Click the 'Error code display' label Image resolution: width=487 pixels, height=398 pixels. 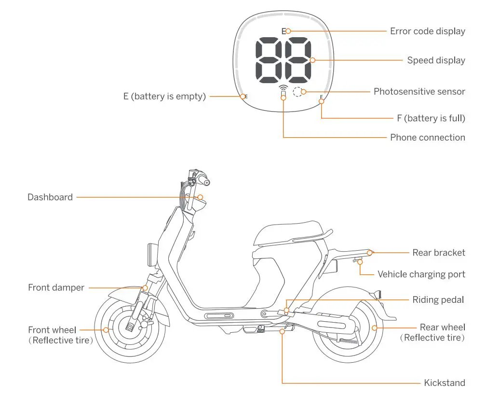coord(427,31)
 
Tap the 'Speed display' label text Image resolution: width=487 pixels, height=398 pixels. coord(436,60)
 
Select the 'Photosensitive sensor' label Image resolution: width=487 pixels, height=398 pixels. coord(419,91)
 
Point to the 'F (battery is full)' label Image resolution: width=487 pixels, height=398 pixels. coord(431,118)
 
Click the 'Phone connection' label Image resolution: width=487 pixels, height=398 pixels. coord(427,138)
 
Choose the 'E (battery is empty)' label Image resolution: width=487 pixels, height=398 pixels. coord(164,97)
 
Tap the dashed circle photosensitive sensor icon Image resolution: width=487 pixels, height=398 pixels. coord(299,92)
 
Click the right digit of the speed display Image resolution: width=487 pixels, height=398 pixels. coord(298,60)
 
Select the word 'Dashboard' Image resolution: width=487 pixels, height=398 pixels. coord(50,197)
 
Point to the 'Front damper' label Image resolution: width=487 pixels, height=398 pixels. coord(56,288)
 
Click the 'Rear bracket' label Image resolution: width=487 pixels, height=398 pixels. coord(439,253)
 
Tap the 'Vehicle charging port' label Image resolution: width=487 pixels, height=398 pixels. coord(421,274)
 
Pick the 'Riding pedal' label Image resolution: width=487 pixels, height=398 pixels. coord(438,300)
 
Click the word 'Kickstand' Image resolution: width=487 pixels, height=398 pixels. coord(445,383)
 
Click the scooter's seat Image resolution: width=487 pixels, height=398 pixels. coord(289,231)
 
